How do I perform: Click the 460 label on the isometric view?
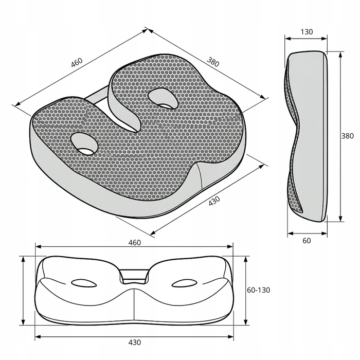tap(77, 62)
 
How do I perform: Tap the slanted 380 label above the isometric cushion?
tap(213, 62)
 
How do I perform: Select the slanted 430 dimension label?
tap(214, 201)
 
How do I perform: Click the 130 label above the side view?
tap(307, 32)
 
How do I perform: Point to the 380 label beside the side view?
tap(347, 136)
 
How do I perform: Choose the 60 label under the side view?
tap(307, 241)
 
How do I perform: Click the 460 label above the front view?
tap(135, 243)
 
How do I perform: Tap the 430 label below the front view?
tap(135, 343)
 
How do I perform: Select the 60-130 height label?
tap(259, 290)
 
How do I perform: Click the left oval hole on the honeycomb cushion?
tap(84, 143)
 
